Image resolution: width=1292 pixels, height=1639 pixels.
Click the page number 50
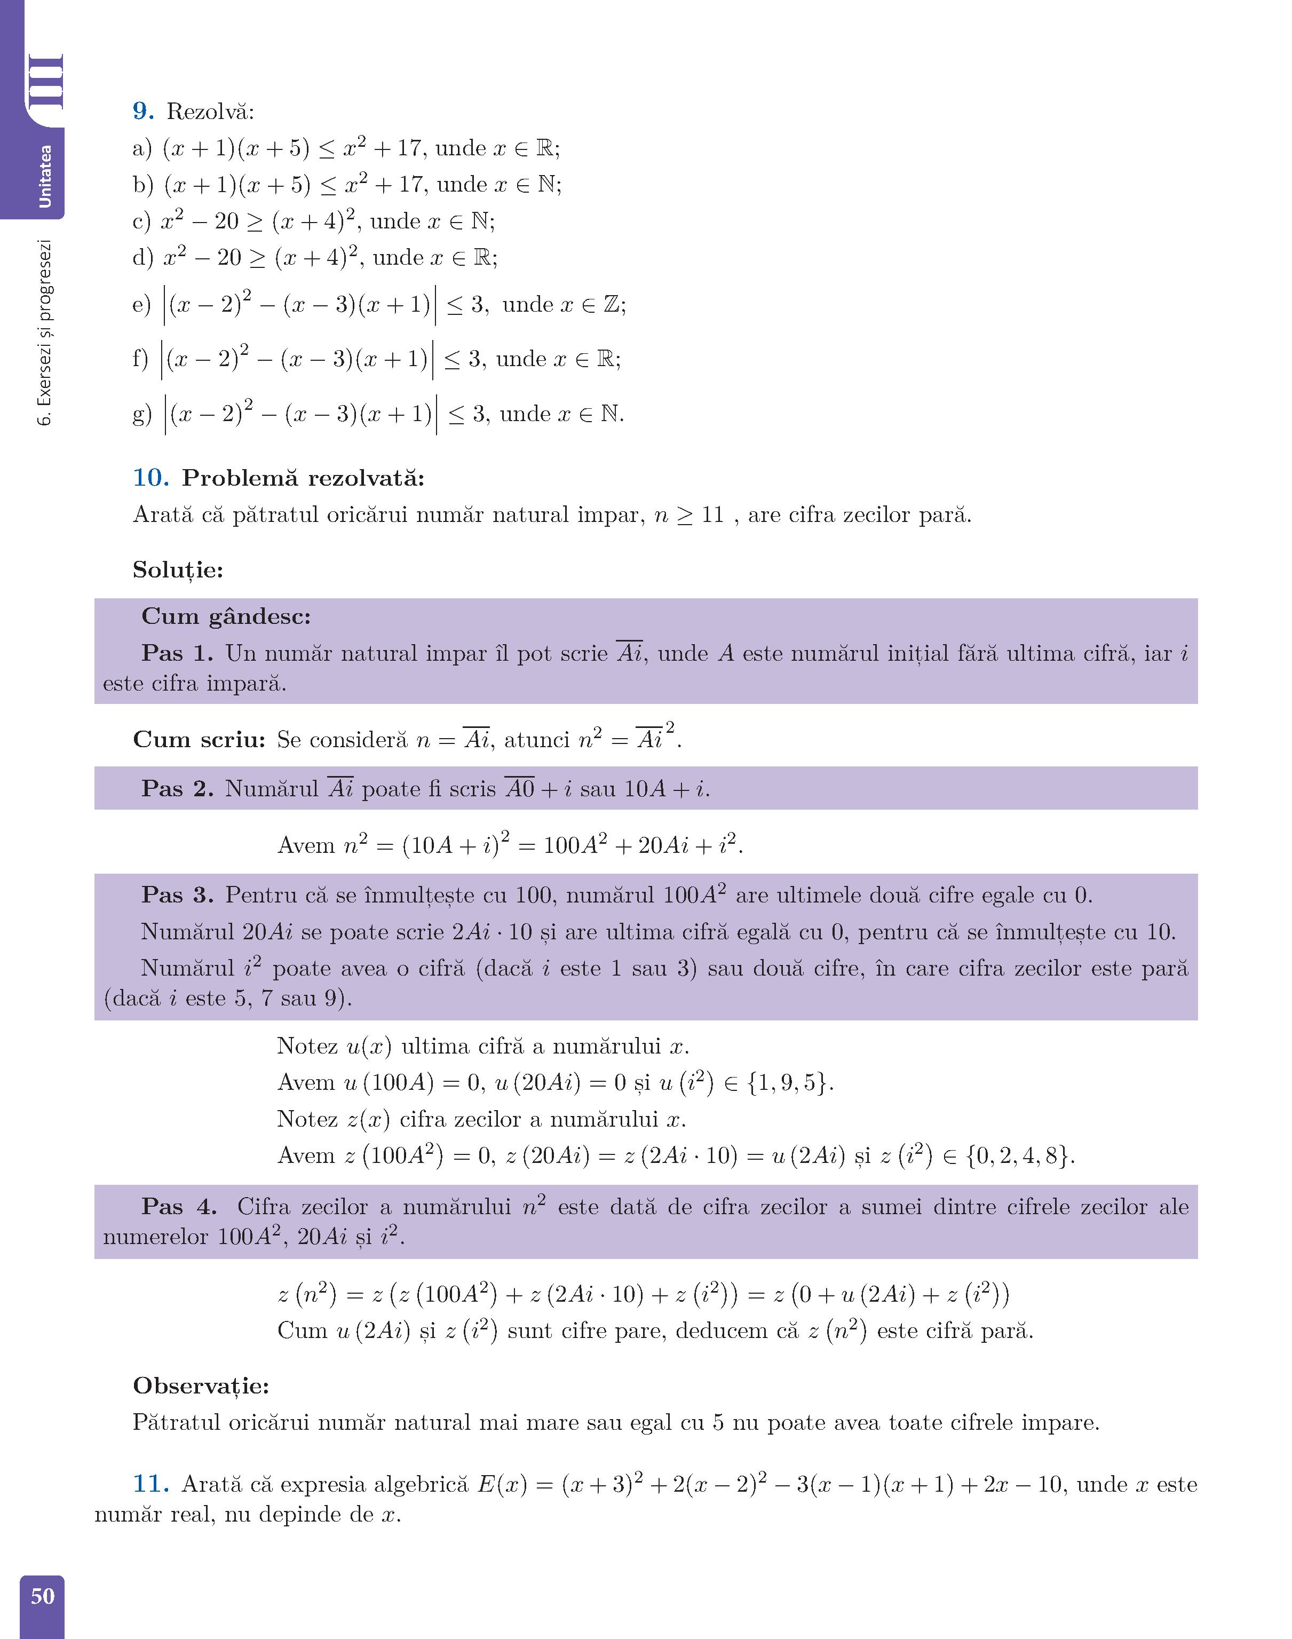pyautogui.click(x=42, y=1595)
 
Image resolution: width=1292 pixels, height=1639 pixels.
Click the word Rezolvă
pyautogui.click(x=210, y=112)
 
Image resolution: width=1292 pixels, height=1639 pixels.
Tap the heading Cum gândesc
pyautogui.click(x=226, y=616)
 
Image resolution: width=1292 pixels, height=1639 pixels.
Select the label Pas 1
pyautogui.click(x=177, y=653)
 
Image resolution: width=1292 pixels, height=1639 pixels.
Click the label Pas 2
pyautogui.click(x=177, y=788)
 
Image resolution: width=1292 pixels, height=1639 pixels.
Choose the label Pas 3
pyautogui.click(x=177, y=895)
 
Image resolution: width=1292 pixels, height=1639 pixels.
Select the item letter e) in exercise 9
pyautogui.click(x=141, y=305)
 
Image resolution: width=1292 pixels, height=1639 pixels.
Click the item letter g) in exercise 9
pyautogui.click(x=141, y=415)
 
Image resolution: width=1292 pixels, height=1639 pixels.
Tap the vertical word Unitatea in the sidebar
pyautogui.click(x=45, y=176)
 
